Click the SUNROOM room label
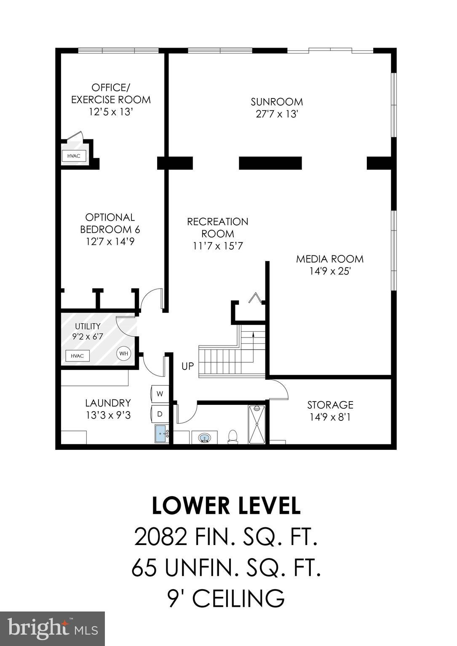coord(277,102)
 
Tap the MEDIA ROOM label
coord(329,259)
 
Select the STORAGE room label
coord(330,405)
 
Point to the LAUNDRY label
coord(108,403)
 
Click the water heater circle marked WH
coord(123,353)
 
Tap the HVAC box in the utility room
coord(77,356)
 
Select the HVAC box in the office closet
coord(74,156)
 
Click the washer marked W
coord(160,394)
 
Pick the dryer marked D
coord(160,414)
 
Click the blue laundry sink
coord(161,433)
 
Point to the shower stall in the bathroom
coord(257,424)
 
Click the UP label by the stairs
coord(187,366)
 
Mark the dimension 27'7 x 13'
coord(277,114)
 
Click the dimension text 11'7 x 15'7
coord(218,246)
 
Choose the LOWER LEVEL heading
coord(226,506)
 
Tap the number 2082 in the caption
coord(160,537)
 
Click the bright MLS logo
coord(52,628)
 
